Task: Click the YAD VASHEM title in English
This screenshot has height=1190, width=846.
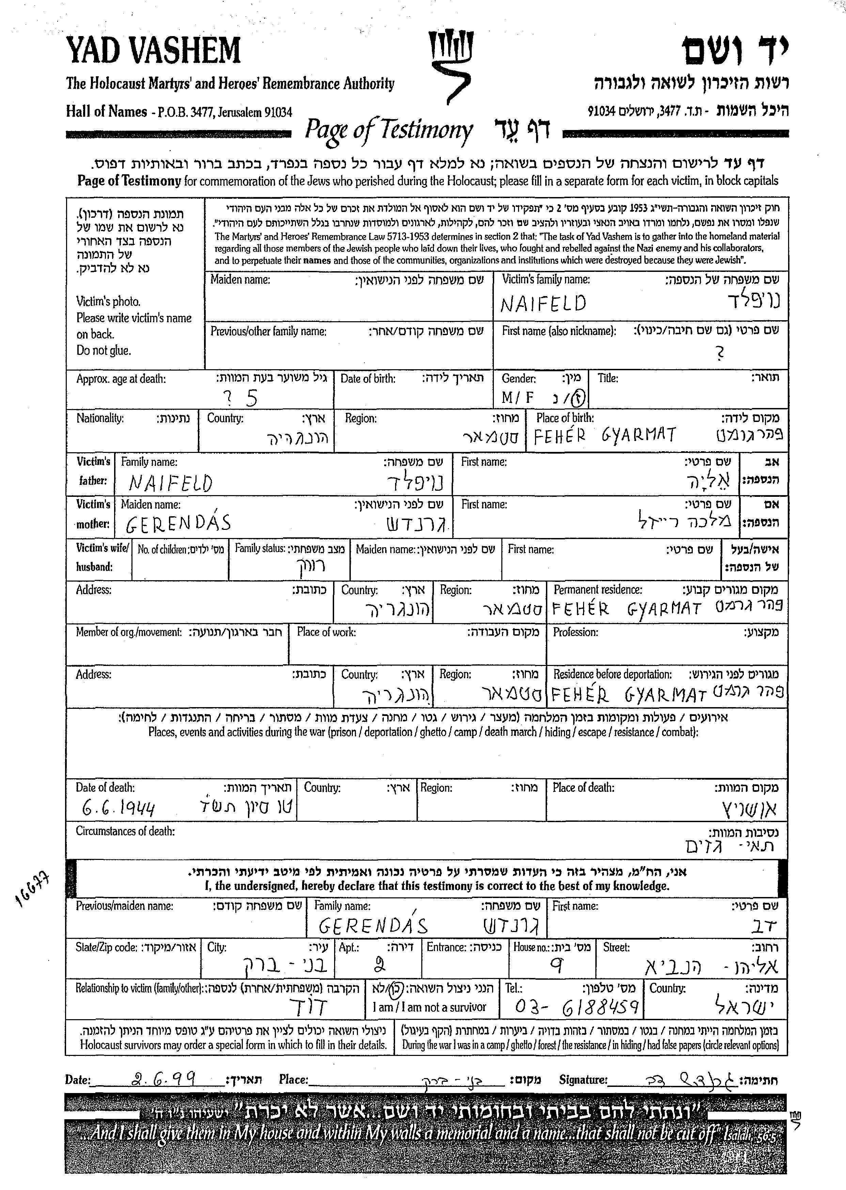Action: point(153,50)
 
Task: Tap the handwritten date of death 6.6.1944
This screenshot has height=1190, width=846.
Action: point(119,808)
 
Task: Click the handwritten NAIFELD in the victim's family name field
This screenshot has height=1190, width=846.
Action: point(543,304)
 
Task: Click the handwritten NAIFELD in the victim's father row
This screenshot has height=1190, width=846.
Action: point(171,484)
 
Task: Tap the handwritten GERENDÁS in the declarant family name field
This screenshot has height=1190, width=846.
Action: point(373,926)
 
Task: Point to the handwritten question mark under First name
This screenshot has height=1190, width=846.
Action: point(720,354)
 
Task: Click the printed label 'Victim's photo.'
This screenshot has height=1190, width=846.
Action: point(108,301)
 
